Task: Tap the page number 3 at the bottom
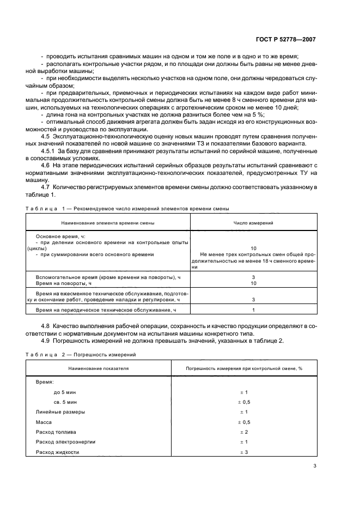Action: point(314,466)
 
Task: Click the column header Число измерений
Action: point(253,223)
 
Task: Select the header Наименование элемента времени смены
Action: point(103,223)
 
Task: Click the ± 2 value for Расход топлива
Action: point(243,432)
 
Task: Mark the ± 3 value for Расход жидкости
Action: point(243,452)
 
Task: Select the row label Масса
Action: point(44,422)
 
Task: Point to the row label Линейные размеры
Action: point(60,412)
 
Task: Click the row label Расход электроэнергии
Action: point(65,442)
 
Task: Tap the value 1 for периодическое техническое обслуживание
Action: point(253,310)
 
